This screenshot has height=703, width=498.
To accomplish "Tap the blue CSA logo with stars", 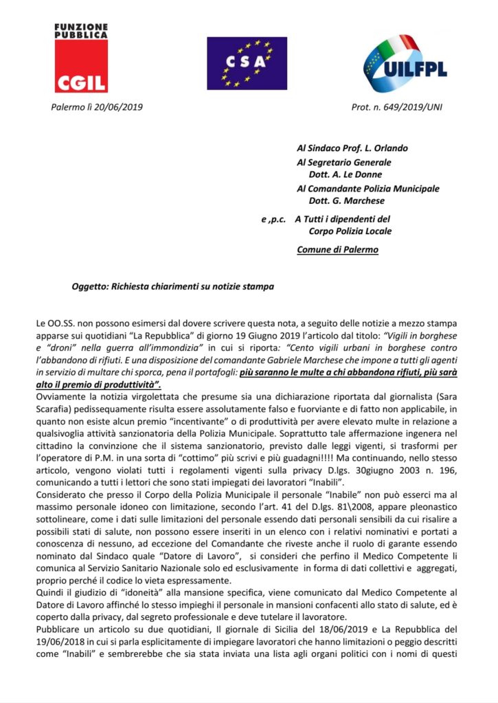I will tap(247, 63).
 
